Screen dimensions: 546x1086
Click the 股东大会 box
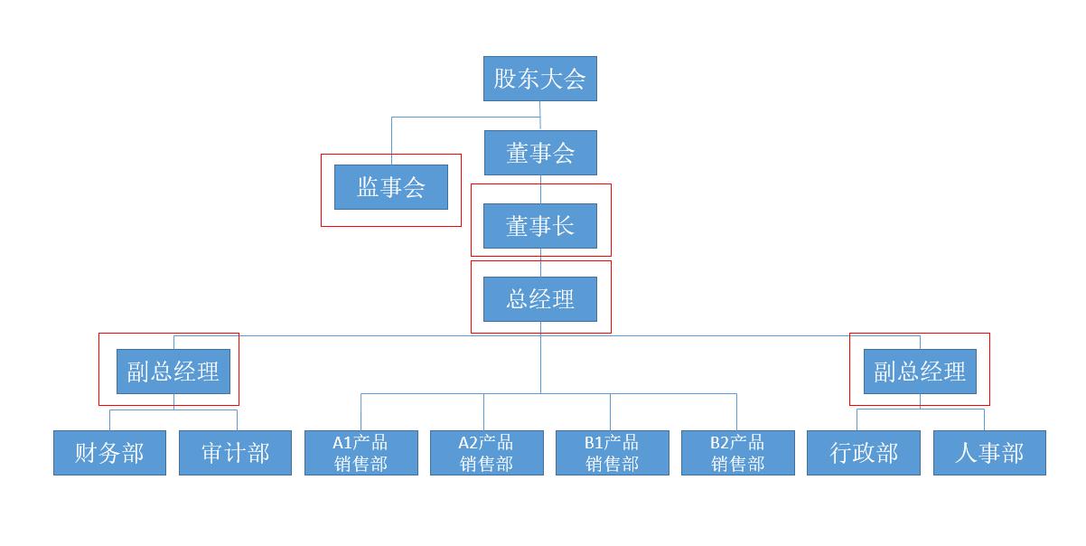(539, 79)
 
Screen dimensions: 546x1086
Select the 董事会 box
(540, 153)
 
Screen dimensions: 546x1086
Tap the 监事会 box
(390, 187)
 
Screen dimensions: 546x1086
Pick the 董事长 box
(540, 226)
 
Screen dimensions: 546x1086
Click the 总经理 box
(540, 299)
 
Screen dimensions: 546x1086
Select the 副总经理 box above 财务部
(173, 372)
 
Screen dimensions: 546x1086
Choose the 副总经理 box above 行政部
(920, 372)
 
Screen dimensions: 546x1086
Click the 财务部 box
(109, 453)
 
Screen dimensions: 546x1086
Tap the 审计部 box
(235, 453)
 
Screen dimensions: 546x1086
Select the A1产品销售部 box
(360, 453)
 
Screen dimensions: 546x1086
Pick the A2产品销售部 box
(486, 453)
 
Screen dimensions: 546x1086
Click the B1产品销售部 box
(612, 453)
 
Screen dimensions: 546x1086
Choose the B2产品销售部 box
(737, 453)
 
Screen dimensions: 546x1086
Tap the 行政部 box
(864, 453)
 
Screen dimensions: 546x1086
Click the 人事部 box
(989, 453)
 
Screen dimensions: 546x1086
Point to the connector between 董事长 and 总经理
(540, 262)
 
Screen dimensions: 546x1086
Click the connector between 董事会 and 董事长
(540, 189)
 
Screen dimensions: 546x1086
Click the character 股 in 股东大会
(504, 79)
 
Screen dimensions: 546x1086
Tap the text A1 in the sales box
(342, 443)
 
